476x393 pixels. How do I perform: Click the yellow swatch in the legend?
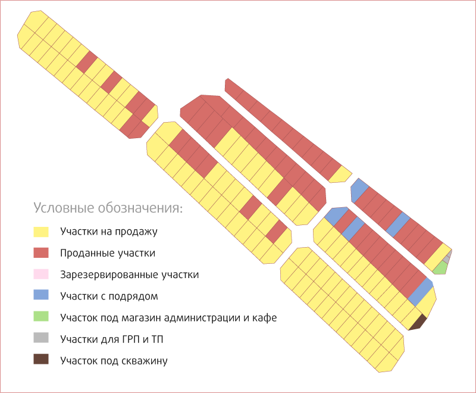pos(41,232)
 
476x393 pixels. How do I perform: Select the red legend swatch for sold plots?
pos(41,253)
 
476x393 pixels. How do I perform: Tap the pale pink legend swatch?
pos(41,275)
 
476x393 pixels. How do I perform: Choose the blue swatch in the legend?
pos(41,295)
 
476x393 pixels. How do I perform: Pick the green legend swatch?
pos(41,316)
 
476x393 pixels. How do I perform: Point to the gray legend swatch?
pos(41,338)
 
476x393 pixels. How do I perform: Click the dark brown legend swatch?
pos(41,359)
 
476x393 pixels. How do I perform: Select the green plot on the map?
pos(441,268)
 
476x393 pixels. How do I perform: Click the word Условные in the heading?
pos(64,208)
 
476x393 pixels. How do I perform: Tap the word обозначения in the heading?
pos(140,208)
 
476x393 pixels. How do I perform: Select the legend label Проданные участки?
pos(108,253)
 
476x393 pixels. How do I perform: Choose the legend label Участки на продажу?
pos(109,232)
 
